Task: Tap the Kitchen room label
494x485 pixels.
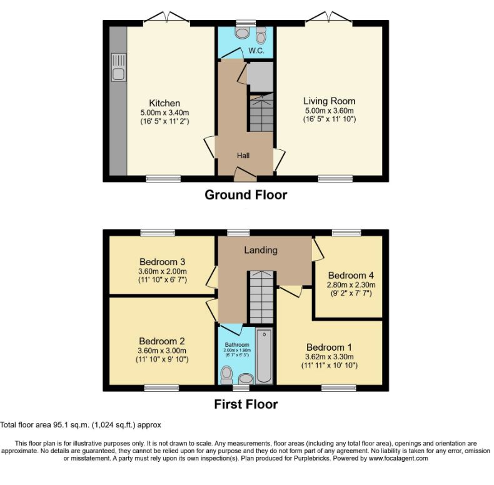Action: coord(164,103)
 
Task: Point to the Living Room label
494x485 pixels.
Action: coord(329,101)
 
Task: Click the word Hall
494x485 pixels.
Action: coord(243,155)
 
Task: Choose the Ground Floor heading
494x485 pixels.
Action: coord(246,195)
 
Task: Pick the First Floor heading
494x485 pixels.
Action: coord(246,404)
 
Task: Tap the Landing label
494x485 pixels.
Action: coord(261,250)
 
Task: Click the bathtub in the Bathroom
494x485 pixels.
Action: coord(264,355)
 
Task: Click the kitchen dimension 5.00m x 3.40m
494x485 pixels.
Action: coord(164,112)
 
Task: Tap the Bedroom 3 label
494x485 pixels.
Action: coord(162,262)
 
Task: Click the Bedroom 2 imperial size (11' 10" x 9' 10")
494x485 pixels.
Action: coord(162,359)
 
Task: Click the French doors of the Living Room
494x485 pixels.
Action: coord(329,17)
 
